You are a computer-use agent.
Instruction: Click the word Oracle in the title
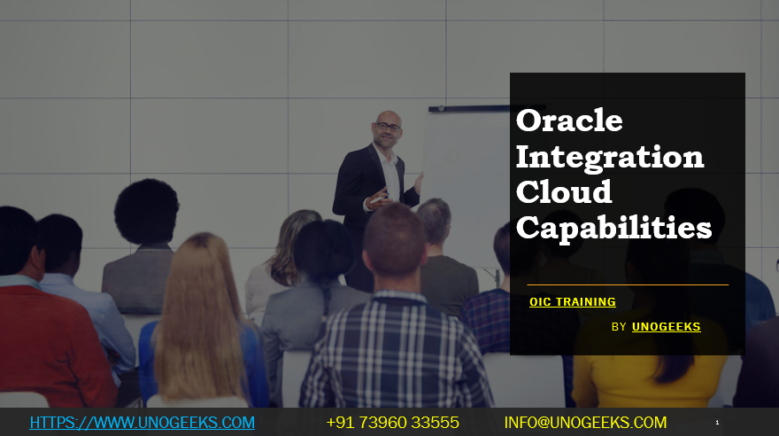click(569, 120)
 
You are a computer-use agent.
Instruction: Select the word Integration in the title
click(609, 156)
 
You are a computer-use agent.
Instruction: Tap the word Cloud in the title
click(563, 191)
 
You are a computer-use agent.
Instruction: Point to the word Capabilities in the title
click(613, 228)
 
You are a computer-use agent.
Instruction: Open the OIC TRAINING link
click(572, 302)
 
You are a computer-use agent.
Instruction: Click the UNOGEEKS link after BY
click(666, 327)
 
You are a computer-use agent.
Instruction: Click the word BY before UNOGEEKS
click(619, 327)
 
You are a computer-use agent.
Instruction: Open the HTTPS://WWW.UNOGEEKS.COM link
click(143, 423)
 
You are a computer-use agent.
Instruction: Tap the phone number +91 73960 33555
click(392, 423)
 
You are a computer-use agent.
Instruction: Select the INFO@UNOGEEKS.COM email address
click(585, 423)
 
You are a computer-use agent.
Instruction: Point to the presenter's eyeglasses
click(388, 128)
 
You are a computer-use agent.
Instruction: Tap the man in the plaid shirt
click(395, 354)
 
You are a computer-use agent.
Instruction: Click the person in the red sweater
click(44, 346)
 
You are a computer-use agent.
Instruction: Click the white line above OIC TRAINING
click(627, 284)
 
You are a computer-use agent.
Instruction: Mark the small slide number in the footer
click(717, 423)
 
